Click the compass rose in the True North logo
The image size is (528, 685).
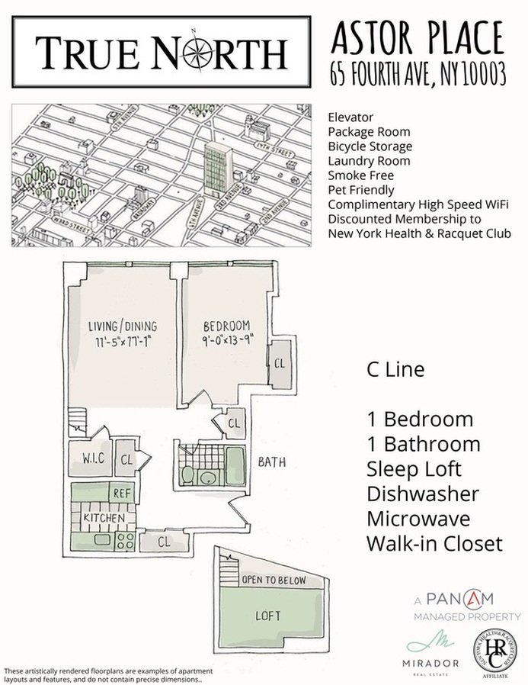point(192,51)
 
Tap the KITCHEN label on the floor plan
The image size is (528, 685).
point(104,518)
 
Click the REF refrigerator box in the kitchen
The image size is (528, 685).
point(122,493)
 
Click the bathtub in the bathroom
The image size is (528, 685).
point(235,467)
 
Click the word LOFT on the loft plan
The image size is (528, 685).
point(268,616)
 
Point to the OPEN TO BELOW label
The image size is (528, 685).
point(274,580)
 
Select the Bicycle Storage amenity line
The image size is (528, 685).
point(370,146)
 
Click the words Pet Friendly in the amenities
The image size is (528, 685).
point(361,190)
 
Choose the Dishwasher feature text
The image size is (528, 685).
point(423,494)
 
